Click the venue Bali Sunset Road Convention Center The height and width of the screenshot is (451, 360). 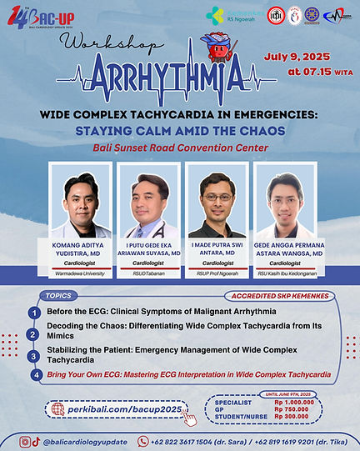click(x=180, y=148)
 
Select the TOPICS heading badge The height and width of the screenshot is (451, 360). click(x=58, y=295)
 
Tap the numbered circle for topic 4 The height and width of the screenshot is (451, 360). click(x=34, y=375)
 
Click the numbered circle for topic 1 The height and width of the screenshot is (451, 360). click(x=34, y=312)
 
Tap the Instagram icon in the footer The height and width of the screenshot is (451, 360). click(x=25, y=442)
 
